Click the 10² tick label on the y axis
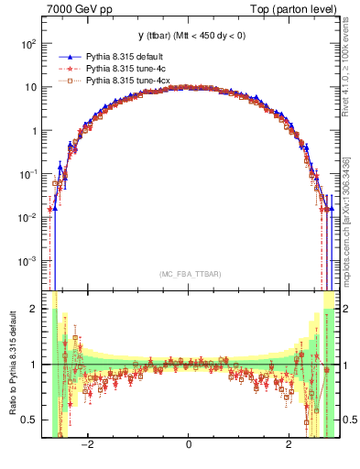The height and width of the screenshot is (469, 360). [x=28, y=44]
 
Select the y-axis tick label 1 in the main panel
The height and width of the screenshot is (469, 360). [x=33, y=131]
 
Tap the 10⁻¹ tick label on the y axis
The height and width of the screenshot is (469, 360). [x=27, y=174]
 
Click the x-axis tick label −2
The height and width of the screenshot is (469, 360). [x=87, y=445]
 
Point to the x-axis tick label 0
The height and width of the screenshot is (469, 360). [x=189, y=445]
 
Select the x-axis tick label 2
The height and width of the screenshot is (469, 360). [x=289, y=445]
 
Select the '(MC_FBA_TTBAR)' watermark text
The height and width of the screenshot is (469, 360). [x=188, y=274]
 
